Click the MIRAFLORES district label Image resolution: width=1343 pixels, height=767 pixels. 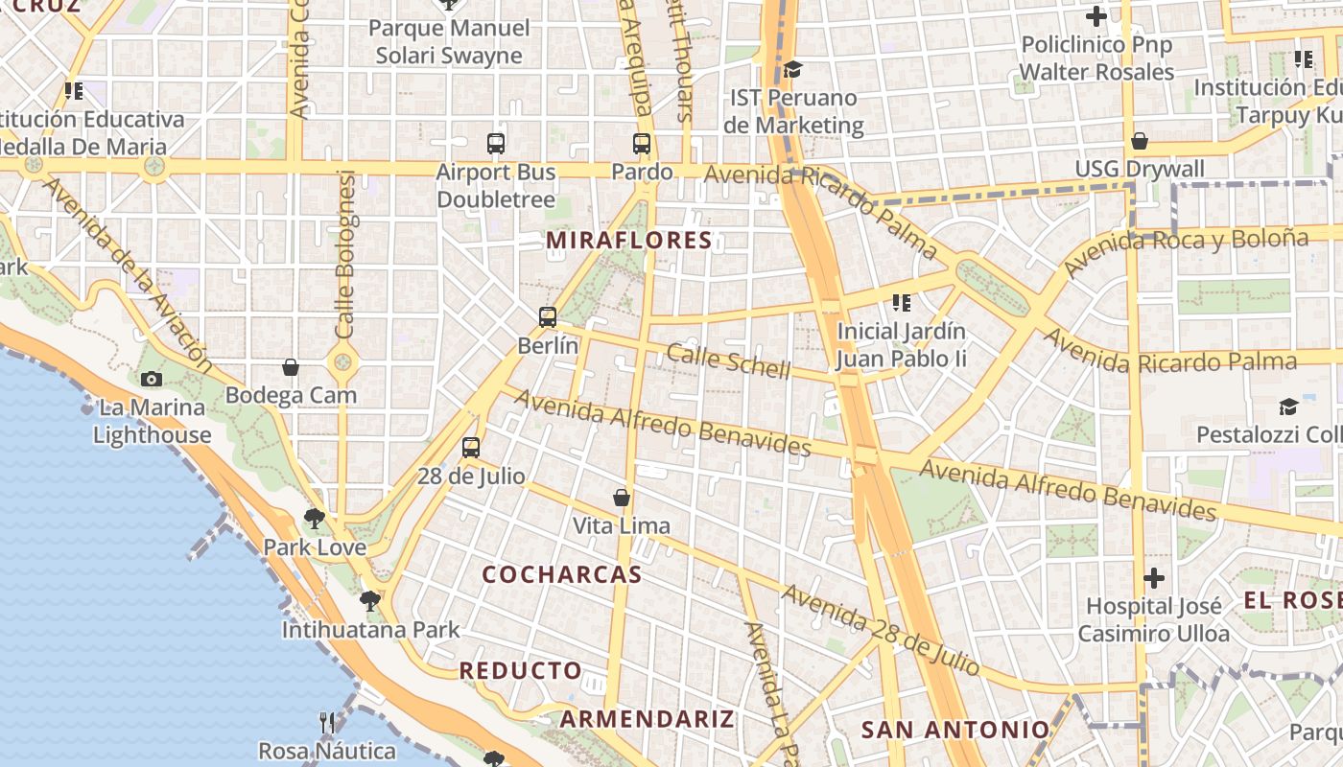click(x=629, y=241)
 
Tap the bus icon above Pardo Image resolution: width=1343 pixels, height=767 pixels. click(x=642, y=145)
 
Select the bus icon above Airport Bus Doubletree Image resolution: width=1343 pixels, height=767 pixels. click(x=496, y=145)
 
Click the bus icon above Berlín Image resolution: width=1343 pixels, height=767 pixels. click(x=548, y=317)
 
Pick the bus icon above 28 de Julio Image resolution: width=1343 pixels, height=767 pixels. click(x=471, y=448)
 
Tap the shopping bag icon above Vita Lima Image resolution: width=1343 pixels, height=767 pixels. click(x=622, y=498)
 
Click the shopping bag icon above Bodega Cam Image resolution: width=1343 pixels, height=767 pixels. click(x=291, y=367)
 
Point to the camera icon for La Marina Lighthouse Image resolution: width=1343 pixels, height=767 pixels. click(x=151, y=380)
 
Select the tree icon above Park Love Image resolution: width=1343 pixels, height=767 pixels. click(x=314, y=520)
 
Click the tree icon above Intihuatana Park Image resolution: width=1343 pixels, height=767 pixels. click(x=370, y=602)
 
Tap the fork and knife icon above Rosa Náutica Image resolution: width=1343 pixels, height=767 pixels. click(x=327, y=722)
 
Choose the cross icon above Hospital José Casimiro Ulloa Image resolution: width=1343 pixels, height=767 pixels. click(x=1154, y=578)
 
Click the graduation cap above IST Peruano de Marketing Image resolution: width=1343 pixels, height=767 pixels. click(x=792, y=69)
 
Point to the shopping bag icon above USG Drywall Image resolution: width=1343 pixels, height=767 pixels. click(x=1140, y=142)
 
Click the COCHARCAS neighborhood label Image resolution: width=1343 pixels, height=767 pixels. click(x=562, y=575)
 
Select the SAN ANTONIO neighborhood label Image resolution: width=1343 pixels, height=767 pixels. click(x=955, y=730)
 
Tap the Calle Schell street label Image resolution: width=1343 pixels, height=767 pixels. click(x=729, y=360)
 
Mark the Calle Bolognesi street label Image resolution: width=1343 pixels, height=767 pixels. click(x=346, y=254)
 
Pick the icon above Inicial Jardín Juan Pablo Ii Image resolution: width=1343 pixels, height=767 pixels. click(x=901, y=304)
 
